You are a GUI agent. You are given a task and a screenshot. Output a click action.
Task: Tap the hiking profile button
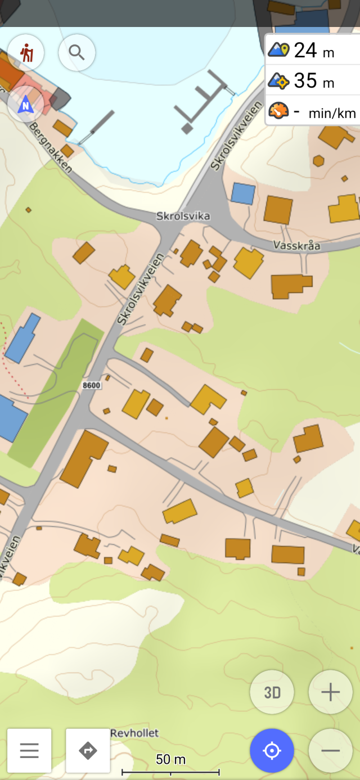26,52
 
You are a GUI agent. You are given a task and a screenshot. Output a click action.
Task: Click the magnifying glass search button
76,52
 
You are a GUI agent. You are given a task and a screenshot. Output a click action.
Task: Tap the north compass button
26,105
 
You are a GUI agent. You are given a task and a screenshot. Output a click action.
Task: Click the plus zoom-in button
330,692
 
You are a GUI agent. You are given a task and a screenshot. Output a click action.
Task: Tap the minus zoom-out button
330,750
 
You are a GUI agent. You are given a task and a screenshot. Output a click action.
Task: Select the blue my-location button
272,750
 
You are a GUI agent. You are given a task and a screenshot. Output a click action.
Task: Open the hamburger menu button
29,750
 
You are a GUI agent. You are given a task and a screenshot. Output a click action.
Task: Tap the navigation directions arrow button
88,750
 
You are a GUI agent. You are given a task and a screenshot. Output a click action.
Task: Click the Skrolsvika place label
183,216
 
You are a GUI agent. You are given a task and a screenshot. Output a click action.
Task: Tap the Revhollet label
134,733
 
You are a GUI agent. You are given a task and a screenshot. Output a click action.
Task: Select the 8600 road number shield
91,385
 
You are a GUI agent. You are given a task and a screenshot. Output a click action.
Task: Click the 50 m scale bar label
170,759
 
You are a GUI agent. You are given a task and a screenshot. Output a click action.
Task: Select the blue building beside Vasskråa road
243,193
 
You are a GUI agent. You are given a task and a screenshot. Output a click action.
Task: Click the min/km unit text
332,114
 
